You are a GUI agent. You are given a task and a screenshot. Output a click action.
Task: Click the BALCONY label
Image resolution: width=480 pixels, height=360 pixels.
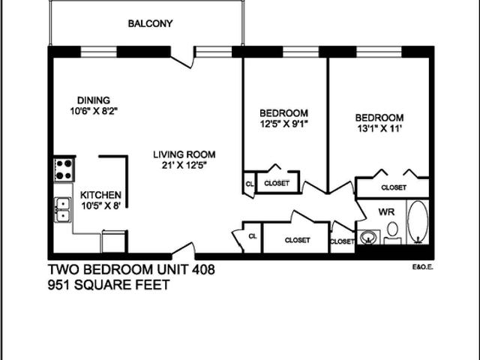coord(150,23)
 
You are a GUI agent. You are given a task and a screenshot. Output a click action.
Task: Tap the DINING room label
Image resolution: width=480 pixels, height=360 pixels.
coord(94,100)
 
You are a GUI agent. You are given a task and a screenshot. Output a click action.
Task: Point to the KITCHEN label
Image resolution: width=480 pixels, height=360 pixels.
coord(100,194)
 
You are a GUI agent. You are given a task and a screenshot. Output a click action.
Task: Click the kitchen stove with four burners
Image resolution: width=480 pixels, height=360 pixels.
coord(63,169)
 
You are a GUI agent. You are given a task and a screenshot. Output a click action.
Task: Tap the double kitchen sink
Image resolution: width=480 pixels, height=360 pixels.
coord(62,209)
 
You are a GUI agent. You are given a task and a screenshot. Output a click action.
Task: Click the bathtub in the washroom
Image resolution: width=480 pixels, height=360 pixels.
coord(417,223)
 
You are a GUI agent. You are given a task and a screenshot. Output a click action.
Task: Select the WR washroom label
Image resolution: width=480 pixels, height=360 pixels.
coord(386,211)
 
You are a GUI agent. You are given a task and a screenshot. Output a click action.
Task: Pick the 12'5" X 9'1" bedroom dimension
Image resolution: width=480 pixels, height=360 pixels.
coord(283,124)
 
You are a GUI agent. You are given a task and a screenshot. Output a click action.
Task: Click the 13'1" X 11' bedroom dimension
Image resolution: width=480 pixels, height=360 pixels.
coord(379,129)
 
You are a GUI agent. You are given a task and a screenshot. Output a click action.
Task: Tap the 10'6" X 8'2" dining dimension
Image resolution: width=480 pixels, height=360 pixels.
coord(94,111)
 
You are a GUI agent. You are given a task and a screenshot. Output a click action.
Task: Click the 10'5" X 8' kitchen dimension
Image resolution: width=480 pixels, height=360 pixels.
coord(100,205)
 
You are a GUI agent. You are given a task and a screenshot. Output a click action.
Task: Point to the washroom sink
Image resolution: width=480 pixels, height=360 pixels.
coord(368,238)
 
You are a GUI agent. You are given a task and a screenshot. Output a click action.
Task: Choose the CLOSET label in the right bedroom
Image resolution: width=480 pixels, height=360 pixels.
coord(393,187)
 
